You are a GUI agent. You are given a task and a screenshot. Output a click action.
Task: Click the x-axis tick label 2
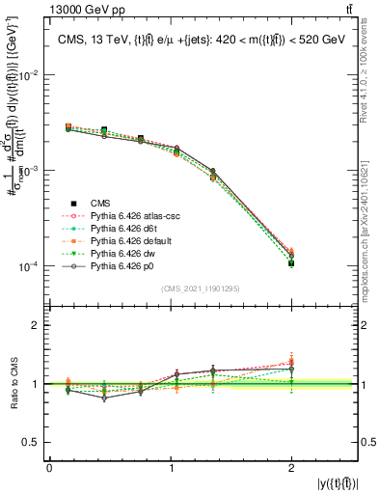291,468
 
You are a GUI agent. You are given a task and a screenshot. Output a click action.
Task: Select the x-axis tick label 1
170,468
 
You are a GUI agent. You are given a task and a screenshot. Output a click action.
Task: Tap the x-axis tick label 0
49,468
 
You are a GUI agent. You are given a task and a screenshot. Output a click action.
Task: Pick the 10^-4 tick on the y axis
30,266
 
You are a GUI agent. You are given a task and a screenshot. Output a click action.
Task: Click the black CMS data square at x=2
291,262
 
